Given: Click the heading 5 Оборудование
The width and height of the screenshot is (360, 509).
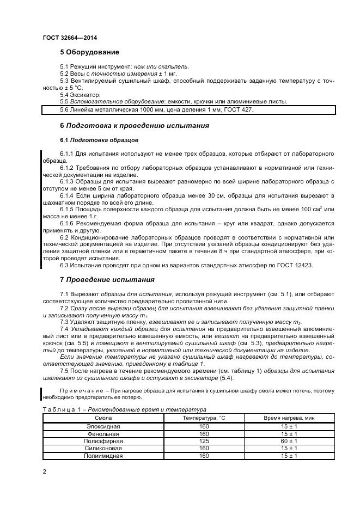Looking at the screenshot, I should click(x=89, y=52).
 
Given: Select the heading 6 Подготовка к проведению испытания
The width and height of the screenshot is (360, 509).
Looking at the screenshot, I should click(x=134, y=126).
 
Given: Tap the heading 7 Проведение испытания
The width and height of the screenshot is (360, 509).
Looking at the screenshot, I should click(x=107, y=280).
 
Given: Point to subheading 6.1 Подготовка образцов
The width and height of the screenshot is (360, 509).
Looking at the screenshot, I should click(x=91, y=140).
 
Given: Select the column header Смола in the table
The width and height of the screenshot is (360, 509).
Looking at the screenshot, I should click(x=103, y=418).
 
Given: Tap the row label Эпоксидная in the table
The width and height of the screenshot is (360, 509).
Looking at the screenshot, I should click(x=103, y=426).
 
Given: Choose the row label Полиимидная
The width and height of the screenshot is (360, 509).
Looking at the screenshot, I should click(x=103, y=456).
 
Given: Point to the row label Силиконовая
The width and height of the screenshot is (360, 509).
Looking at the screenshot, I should click(x=103, y=449).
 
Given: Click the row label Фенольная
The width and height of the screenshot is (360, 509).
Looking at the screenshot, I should click(x=103, y=433).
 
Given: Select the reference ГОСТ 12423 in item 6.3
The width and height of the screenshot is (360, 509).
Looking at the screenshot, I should click(x=296, y=265).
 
